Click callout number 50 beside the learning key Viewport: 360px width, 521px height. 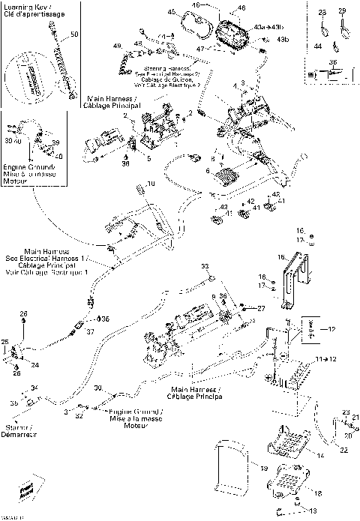coord(73,35)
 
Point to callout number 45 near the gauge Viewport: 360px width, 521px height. coord(171,13)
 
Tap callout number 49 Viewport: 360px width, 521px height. coord(117,46)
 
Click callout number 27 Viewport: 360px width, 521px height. coord(260,308)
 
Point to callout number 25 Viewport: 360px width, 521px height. coord(4,343)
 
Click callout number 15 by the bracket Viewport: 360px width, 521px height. coord(283,257)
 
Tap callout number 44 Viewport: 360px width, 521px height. coord(317,46)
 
